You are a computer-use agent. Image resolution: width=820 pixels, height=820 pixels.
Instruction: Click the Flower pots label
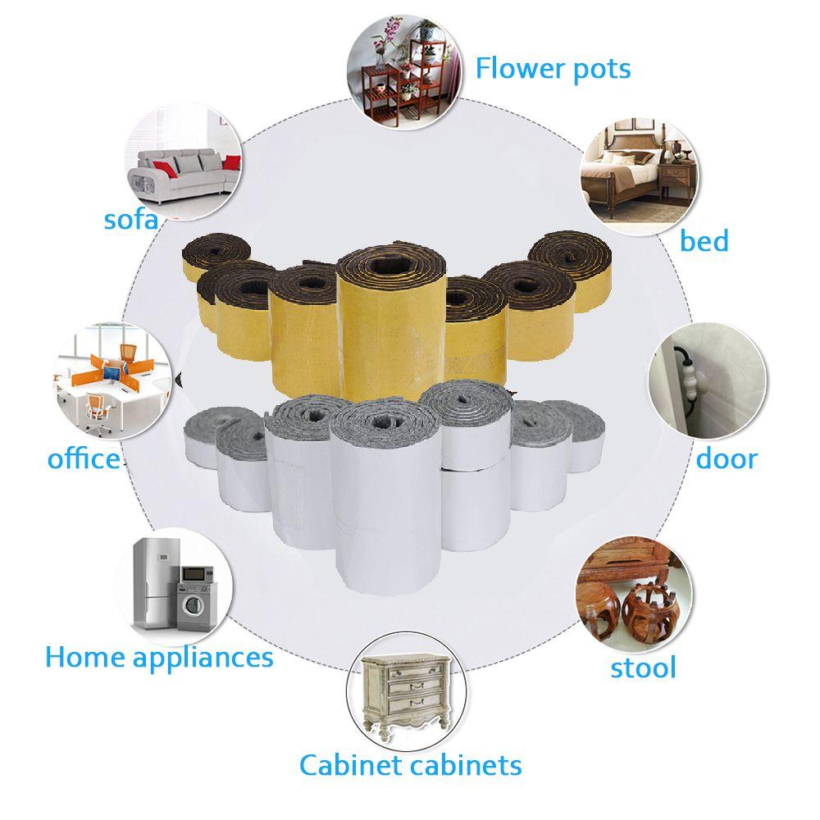click(553, 68)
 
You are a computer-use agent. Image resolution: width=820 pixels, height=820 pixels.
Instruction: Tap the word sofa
click(131, 219)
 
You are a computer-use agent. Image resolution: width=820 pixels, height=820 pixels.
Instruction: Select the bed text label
click(704, 241)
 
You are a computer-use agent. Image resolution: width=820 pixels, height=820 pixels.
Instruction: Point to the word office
click(84, 458)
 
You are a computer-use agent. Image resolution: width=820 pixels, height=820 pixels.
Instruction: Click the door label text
click(727, 458)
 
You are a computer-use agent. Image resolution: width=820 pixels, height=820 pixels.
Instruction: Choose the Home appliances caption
click(159, 657)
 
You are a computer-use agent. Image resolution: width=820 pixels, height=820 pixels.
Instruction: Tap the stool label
click(643, 667)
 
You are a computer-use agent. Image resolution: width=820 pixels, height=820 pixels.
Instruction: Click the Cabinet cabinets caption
click(410, 765)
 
